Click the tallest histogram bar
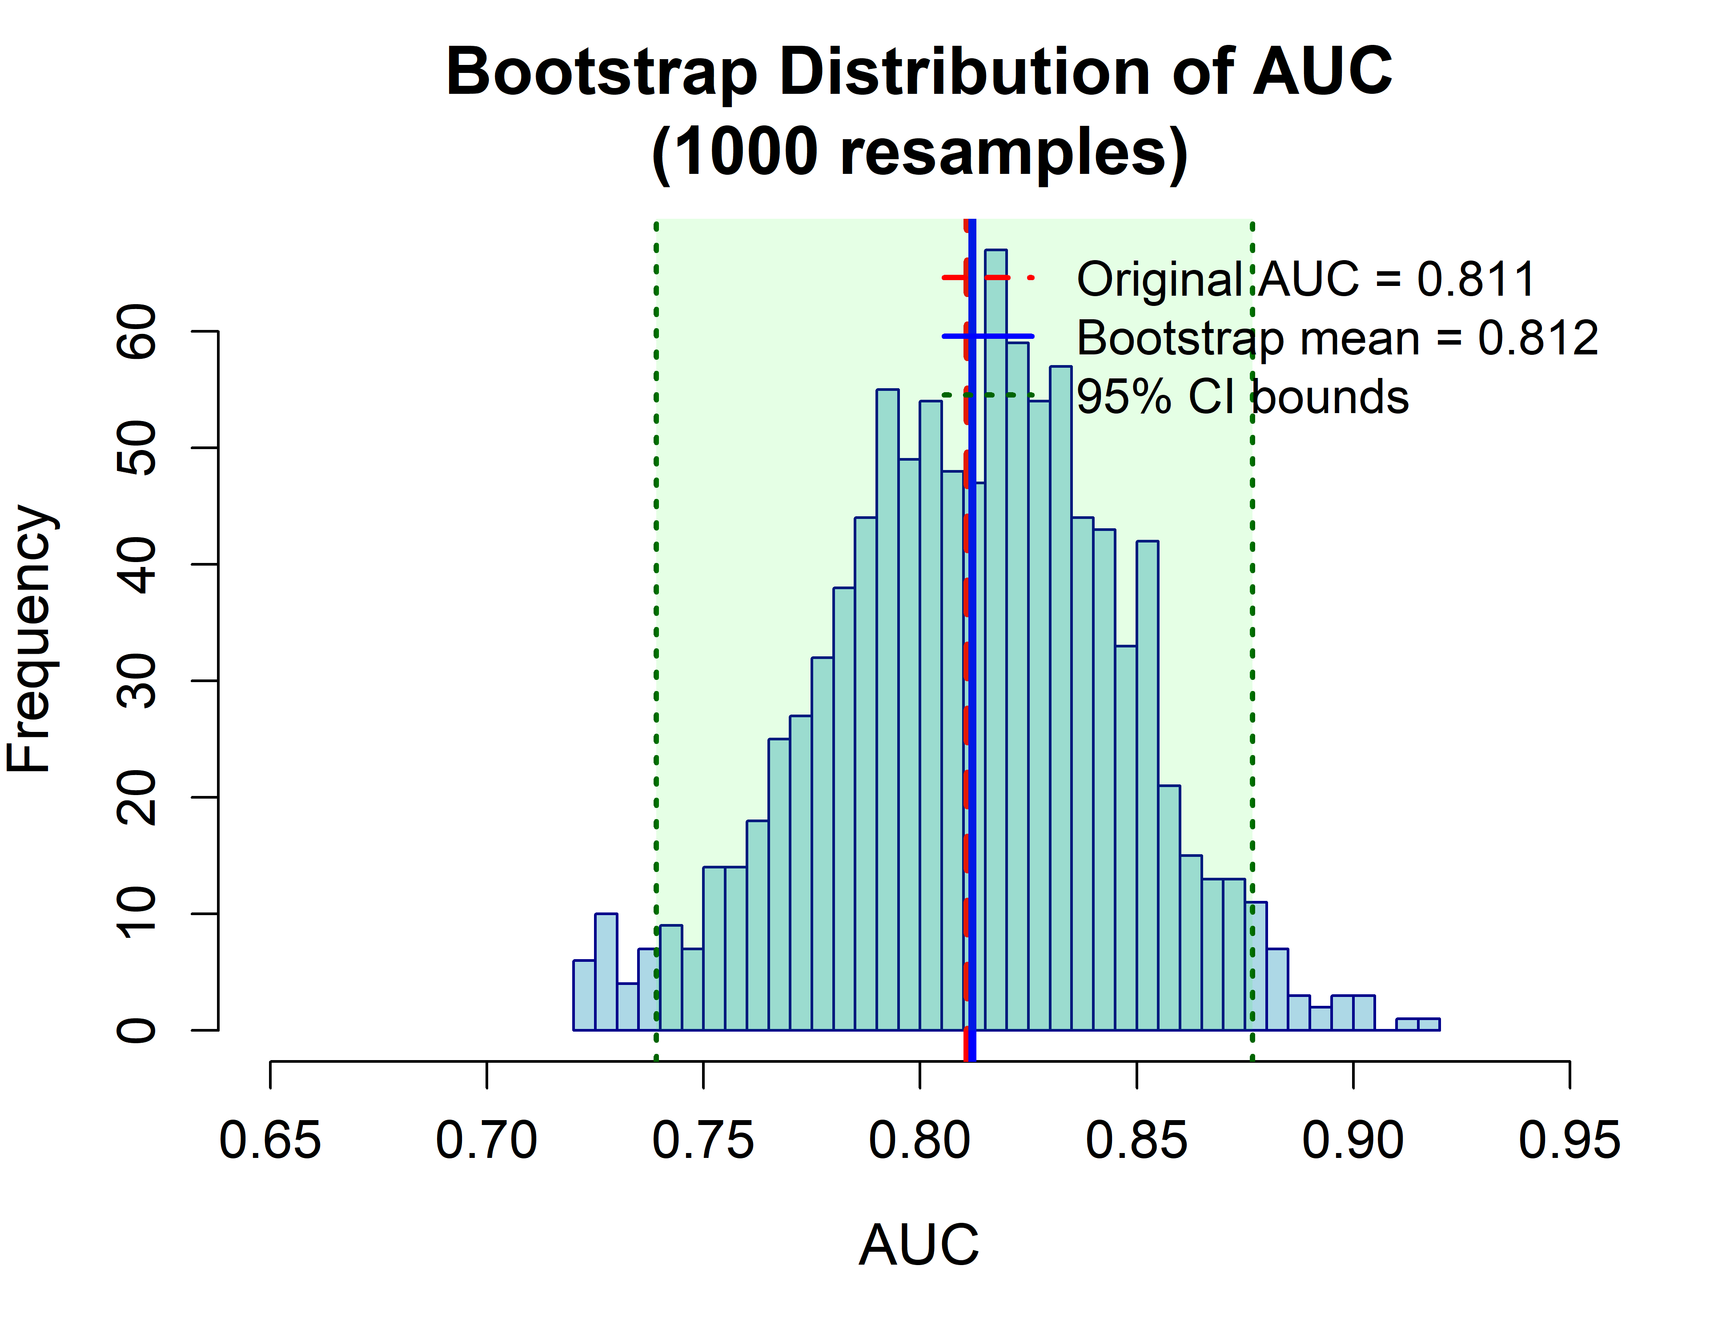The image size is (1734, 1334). [995, 635]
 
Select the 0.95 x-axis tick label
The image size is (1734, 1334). [1569, 1141]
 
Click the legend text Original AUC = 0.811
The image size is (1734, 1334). [1306, 280]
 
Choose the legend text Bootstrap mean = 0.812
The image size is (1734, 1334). [1337, 338]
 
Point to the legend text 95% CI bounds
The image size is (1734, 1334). [1243, 397]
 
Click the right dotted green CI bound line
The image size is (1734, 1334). [1252, 635]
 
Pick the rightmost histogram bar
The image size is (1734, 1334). [1428, 1025]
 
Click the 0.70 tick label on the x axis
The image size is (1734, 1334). [487, 1141]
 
